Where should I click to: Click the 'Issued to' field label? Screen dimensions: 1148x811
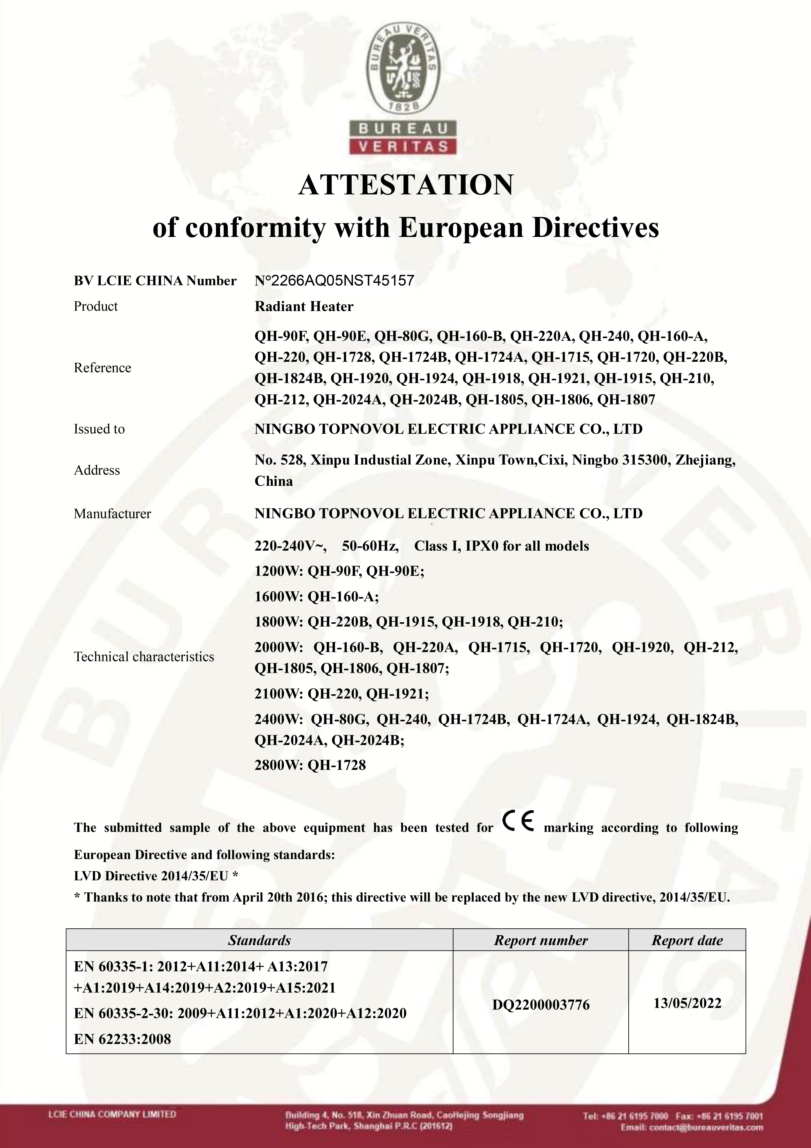tap(99, 429)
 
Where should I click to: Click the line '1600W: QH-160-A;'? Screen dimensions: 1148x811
tap(316, 597)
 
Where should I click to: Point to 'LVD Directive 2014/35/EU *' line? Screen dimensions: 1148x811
tap(155, 876)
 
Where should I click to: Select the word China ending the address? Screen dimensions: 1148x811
tap(273, 481)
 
